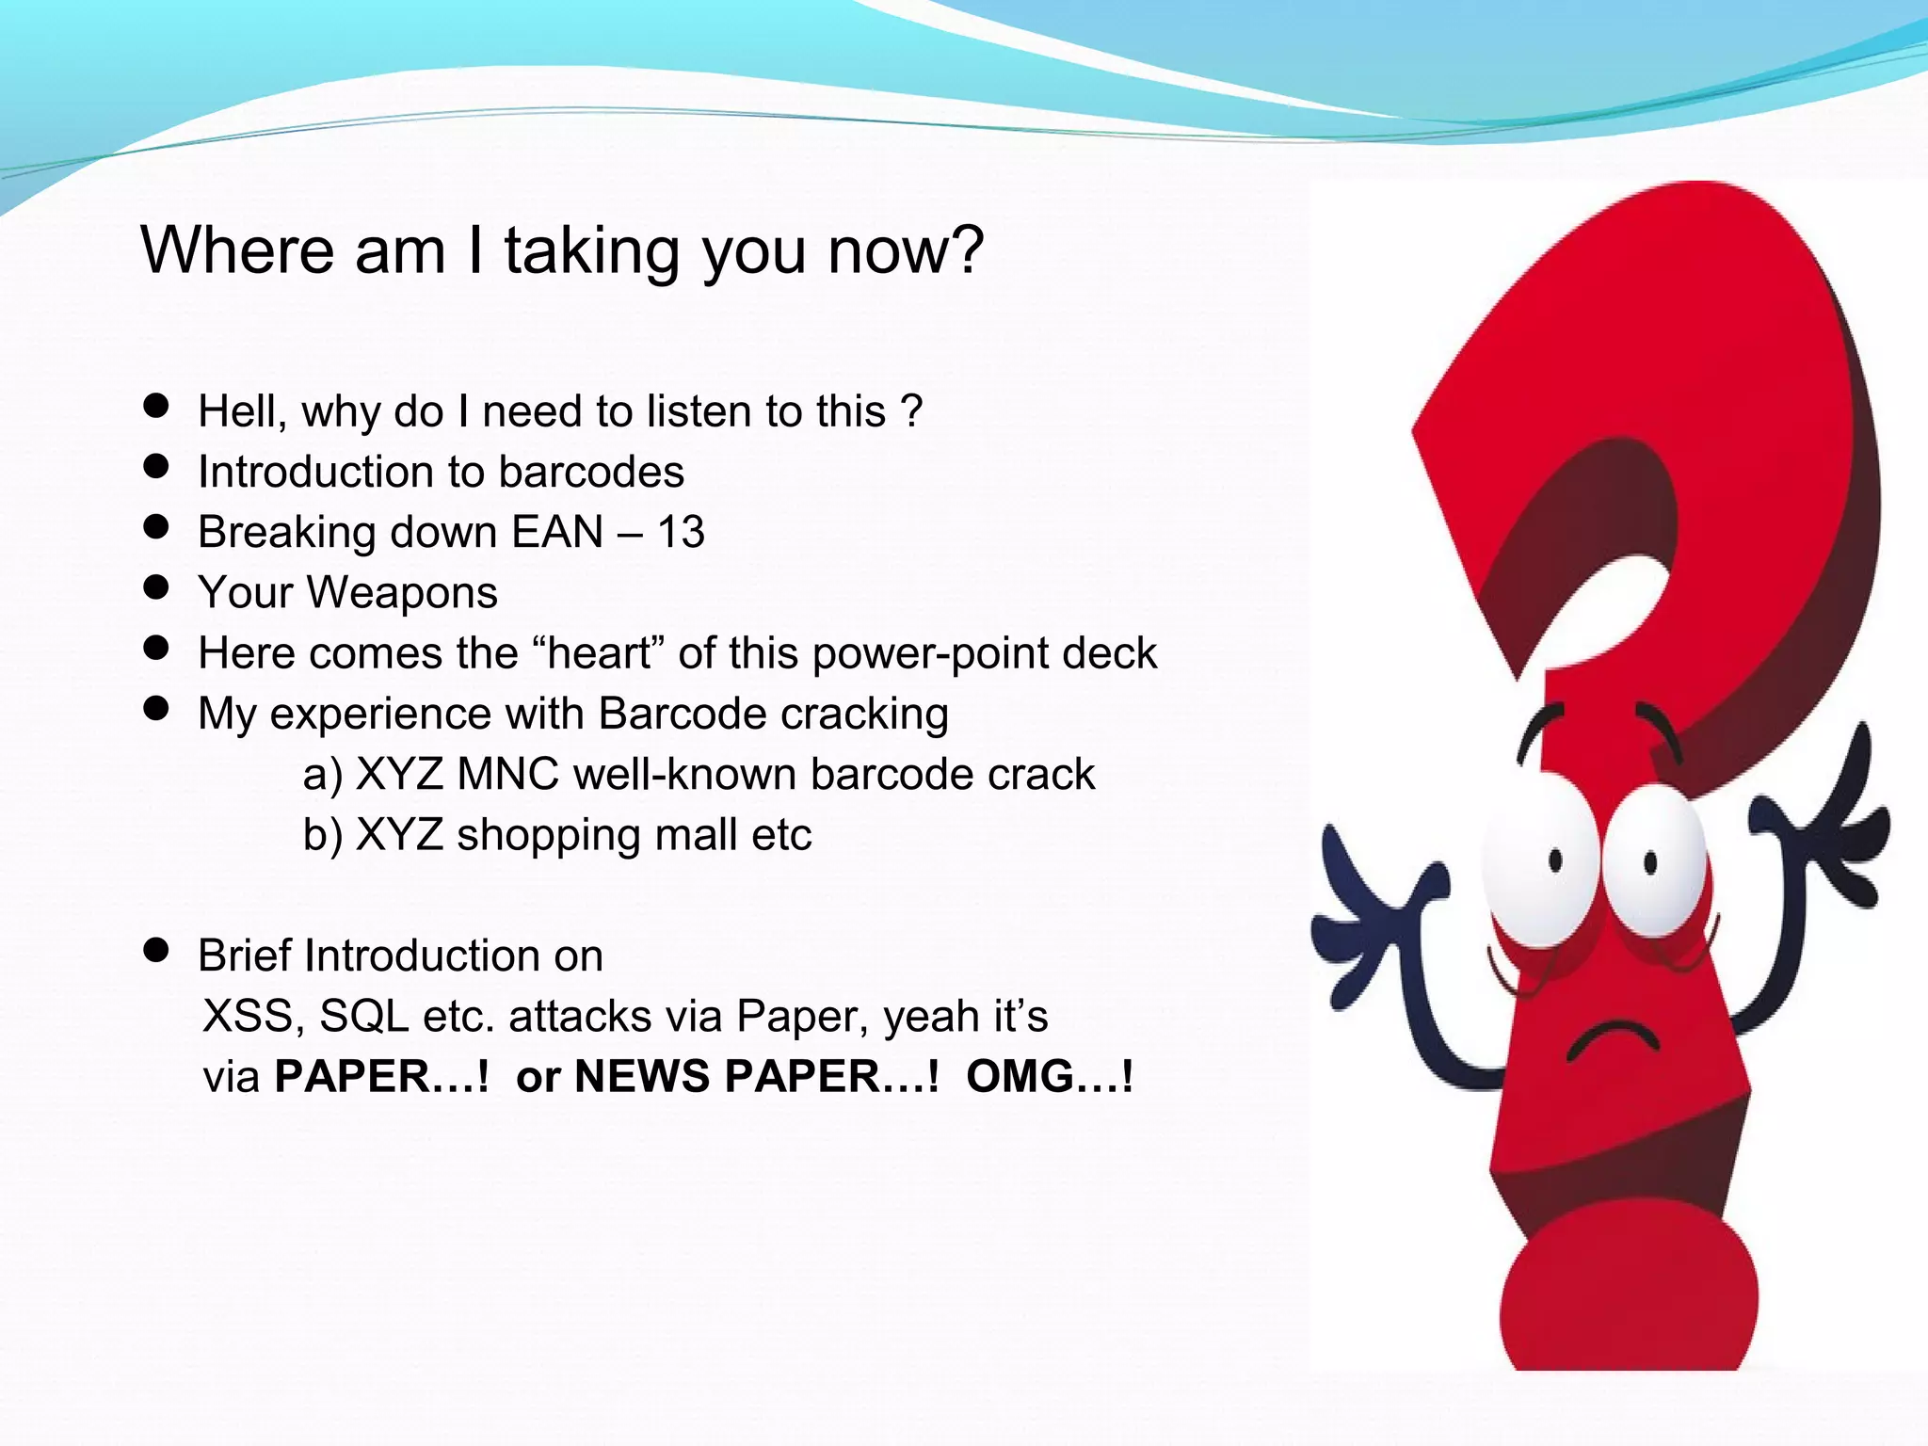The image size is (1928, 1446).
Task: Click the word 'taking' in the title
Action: pos(591,252)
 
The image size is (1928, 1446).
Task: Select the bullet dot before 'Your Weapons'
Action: pos(156,587)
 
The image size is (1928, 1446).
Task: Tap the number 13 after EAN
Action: pos(681,532)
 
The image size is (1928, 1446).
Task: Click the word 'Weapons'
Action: pos(402,593)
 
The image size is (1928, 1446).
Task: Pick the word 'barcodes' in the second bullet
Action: pos(590,472)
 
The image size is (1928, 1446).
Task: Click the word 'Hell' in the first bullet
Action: pos(238,411)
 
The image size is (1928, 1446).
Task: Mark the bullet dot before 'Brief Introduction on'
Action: pos(156,951)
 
